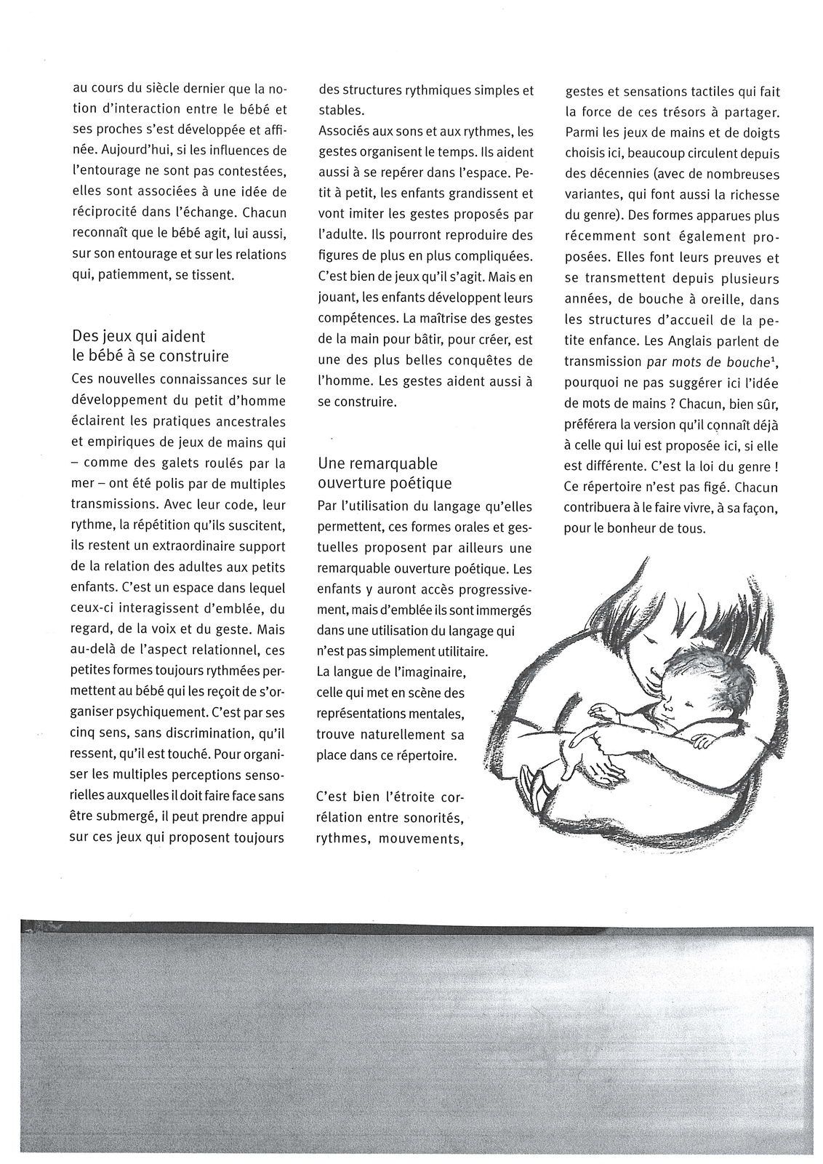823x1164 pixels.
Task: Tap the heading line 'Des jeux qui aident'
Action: [139, 336]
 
